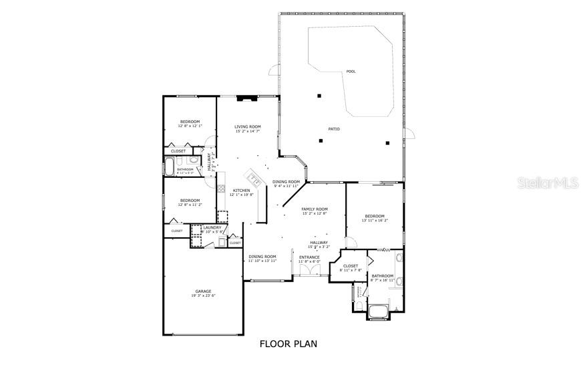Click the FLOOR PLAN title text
click(x=288, y=344)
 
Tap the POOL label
click(x=351, y=72)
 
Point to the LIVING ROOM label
click(x=248, y=126)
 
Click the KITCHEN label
click(x=241, y=191)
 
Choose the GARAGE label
click(x=203, y=291)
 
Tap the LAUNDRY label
click(x=212, y=227)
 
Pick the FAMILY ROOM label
click(x=315, y=209)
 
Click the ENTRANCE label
click(x=309, y=257)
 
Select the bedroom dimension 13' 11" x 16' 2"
click(x=375, y=220)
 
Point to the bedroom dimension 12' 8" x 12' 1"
click(x=190, y=126)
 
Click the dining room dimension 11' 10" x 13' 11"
click(x=262, y=261)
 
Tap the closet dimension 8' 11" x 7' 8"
click(x=351, y=270)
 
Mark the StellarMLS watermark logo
click(x=548, y=182)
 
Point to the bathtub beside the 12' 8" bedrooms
click(x=170, y=165)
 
